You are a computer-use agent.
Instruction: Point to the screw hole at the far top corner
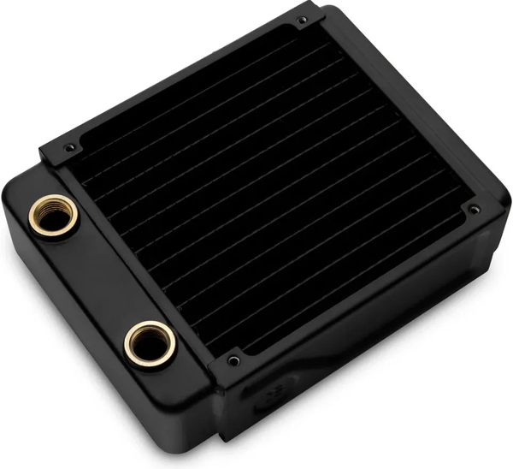[x=302, y=20]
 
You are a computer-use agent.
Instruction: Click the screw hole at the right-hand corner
[x=473, y=208]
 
